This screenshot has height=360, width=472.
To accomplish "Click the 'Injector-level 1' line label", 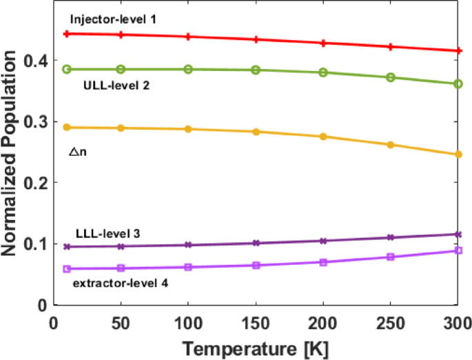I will (x=113, y=19).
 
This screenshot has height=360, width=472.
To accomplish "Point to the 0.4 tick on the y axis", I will (x=34, y=61).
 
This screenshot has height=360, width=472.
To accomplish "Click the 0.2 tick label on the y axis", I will (x=34, y=183).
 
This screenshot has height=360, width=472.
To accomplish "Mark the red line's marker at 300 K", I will (x=458, y=50).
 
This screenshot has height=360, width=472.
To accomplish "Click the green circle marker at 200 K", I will (x=322, y=72).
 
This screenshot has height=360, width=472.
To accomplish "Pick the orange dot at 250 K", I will (x=390, y=145).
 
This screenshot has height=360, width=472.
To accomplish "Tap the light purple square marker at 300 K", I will (x=458, y=250).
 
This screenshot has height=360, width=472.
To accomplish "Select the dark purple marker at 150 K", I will (x=255, y=243).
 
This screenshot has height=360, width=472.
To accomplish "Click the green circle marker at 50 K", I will (x=121, y=69).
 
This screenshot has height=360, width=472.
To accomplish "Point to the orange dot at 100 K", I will (x=188, y=129).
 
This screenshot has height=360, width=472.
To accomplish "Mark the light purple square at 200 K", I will (x=322, y=262).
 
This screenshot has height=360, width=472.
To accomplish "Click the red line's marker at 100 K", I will (x=188, y=37).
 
